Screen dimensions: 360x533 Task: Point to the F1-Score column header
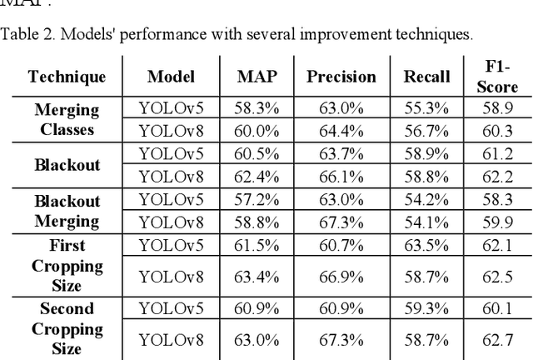[500, 77]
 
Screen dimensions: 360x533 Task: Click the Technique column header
[67, 77]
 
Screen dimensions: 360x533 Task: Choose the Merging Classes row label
[67, 119]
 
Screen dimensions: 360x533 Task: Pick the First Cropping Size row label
[67, 265]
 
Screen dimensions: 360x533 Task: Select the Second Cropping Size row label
[67, 327]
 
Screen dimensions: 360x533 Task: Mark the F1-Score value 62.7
[500, 338]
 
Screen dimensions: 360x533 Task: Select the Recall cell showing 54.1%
[426, 221]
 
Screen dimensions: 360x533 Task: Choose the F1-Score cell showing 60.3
[500, 130]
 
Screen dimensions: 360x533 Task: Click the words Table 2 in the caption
[24, 34]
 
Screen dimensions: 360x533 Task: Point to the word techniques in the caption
[439, 34]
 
